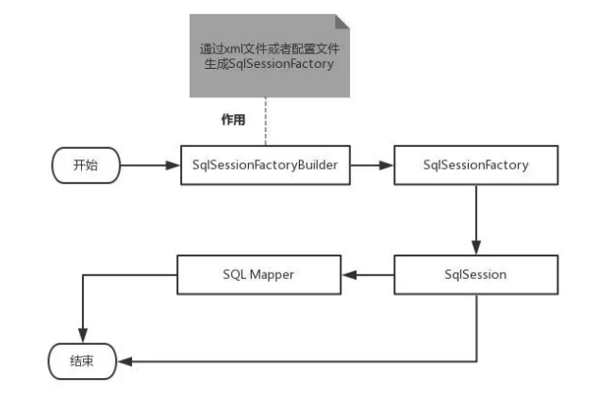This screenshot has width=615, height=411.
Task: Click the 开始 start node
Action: pos(84,165)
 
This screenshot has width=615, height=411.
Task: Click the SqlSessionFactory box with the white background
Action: pos(476,165)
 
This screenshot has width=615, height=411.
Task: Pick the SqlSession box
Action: pos(476,274)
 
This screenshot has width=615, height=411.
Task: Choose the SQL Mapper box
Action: pos(258,274)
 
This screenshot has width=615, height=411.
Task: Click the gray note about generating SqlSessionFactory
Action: pos(267,57)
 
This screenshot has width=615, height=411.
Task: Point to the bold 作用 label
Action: pos(232,121)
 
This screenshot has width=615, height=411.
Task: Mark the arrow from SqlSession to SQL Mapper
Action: pos(367,274)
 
